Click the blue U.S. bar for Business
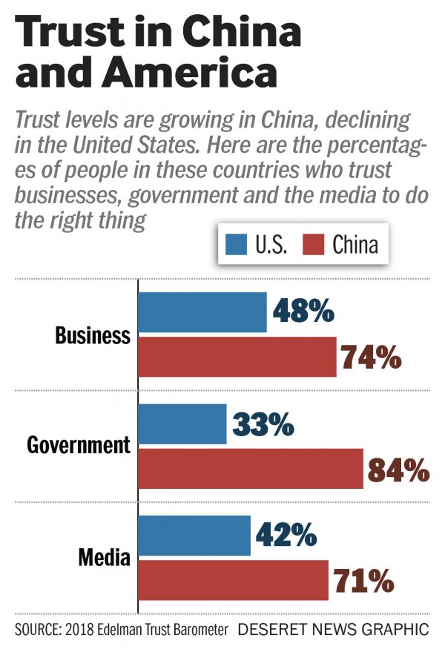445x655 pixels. (x=202, y=312)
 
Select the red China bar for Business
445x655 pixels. (x=237, y=358)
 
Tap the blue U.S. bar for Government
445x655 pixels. (x=182, y=424)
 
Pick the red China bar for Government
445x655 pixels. (x=251, y=469)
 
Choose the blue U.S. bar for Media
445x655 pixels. (x=194, y=536)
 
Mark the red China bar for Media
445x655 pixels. (x=234, y=580)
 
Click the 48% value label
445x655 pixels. (x=304, y=312)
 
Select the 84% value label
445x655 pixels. (x=398, y=469)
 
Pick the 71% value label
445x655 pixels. (x=363, y=580)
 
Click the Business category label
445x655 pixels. (x=93, y=335)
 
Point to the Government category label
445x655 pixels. (x=79, y=446)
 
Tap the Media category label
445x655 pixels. (x=105, y=558)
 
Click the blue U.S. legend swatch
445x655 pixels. (x=236, y=243)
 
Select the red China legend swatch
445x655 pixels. (x=315, y=243)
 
